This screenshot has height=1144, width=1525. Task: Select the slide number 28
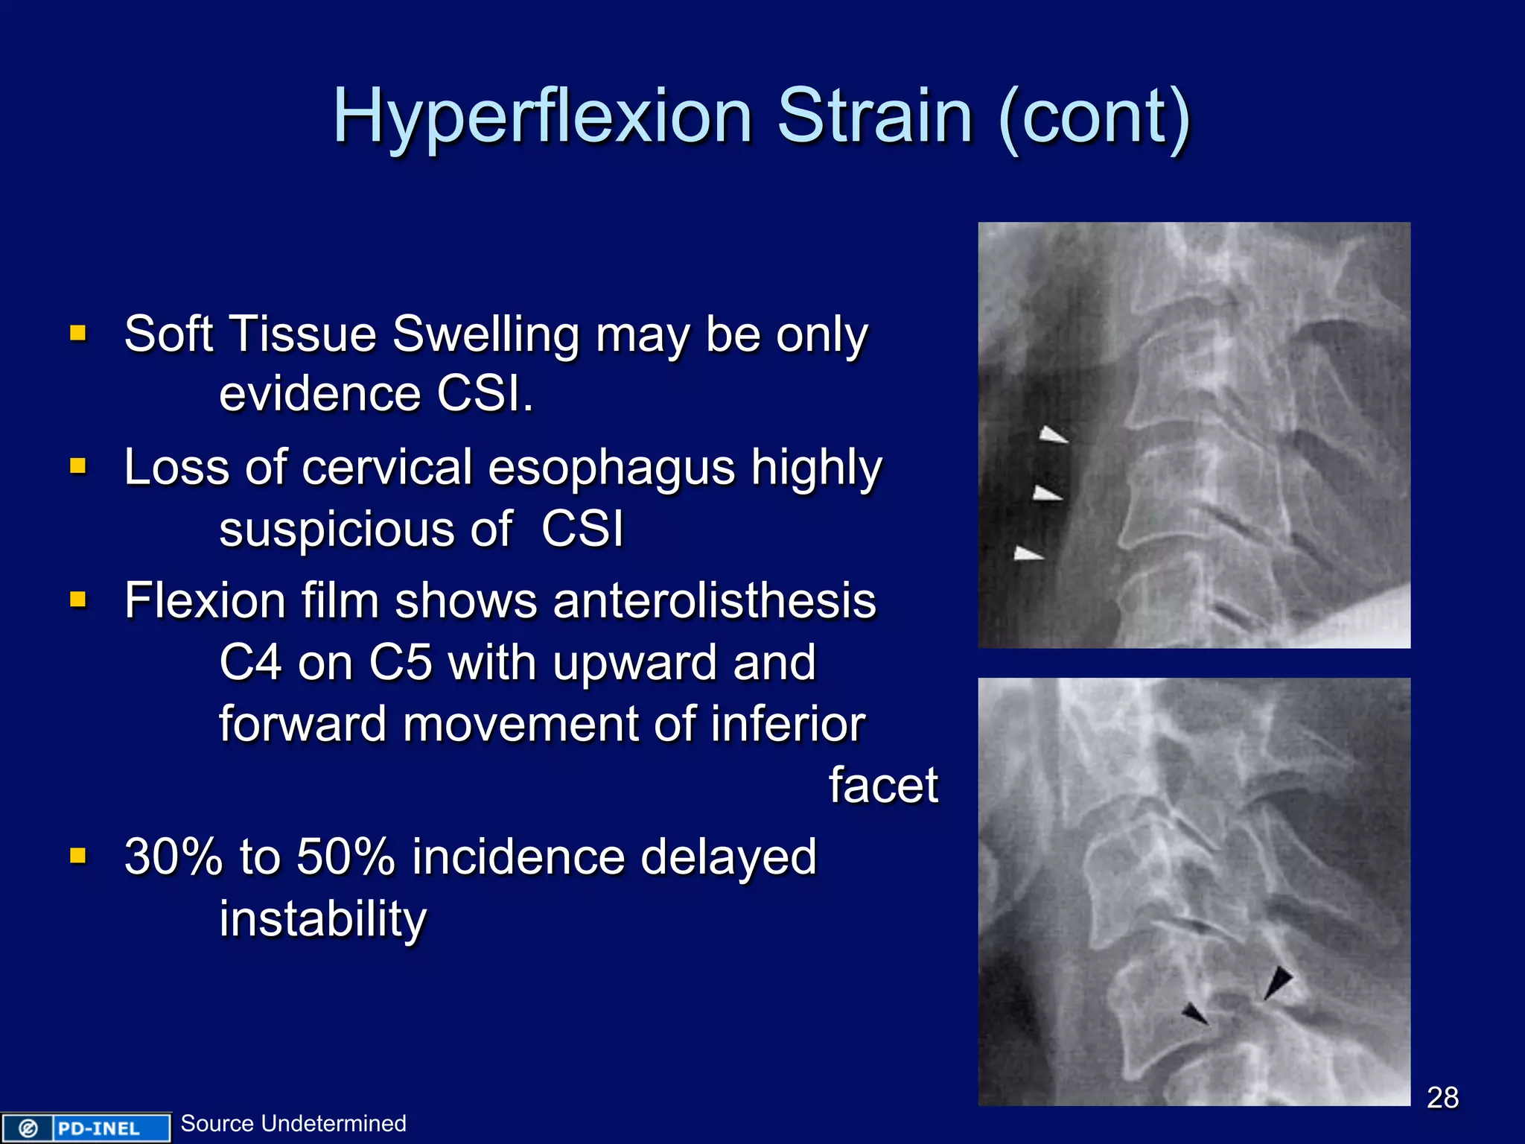(x=1442, y=1097)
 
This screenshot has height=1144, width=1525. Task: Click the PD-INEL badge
(x=86, y=1128)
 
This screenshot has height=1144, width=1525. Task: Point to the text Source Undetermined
(x=293, y=1123)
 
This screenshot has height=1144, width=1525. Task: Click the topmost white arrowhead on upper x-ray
(x=1053, y=435)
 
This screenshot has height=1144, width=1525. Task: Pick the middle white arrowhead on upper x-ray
(x=1047, y=493)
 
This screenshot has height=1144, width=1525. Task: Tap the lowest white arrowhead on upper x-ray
(x=1028, y=553)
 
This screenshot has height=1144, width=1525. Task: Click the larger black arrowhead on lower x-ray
(x=1278, y=982)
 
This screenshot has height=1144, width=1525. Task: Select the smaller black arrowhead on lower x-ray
(x=1194, y=1014)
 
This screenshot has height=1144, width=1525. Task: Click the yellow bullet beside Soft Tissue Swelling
(x=78, y=332)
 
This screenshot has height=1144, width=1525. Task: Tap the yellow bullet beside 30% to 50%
(x=78, y=855)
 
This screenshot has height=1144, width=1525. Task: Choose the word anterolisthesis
(x=714, y=600)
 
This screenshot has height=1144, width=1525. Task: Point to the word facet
(x=883, y=785)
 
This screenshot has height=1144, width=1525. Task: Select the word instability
(x=322, y=919)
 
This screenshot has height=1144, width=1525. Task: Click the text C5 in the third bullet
(x=400, y=661)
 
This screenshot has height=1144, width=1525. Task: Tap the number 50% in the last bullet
(x=346, y=857)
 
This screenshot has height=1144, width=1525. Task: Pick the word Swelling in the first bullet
(x=485, y=334)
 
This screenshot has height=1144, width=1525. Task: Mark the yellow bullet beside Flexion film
(x=78, y=600)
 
